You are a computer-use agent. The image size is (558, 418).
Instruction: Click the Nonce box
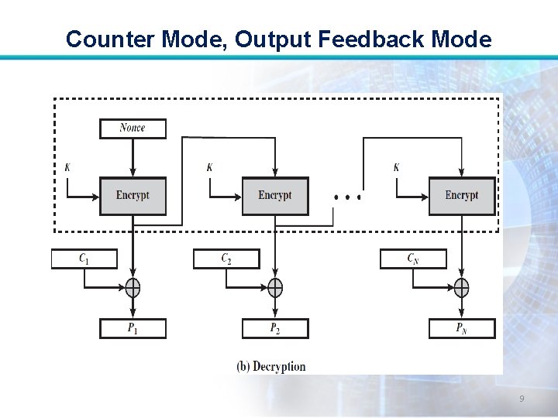[x=133, y=128]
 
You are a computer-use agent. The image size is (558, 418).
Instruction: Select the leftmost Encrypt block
[x=133, y=196]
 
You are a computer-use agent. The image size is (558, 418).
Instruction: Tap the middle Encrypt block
[x=275, y=196]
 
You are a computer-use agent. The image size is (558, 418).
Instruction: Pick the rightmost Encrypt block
[x=462, y=196]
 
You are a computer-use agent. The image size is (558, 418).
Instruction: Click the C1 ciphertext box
[x=84, y=259]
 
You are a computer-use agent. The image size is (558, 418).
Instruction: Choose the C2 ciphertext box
[x=226, y=259]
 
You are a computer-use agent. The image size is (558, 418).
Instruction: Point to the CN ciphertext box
[x=413, y=259]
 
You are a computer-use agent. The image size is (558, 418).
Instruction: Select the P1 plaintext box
[x=133, y=328]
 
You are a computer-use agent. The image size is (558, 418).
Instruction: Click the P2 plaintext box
[x=275, y=328]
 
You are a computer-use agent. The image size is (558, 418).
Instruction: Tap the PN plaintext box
[x=462, y=328]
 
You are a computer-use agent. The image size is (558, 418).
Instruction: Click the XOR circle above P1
[x=133, y=288]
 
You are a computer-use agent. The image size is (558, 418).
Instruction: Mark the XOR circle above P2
[x=275, y=288]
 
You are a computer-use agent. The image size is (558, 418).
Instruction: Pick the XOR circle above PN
[x=462, y=288]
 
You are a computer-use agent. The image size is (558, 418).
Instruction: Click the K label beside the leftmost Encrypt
[x=67, y=167]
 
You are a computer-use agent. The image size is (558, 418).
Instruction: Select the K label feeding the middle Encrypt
[x=209, y=167]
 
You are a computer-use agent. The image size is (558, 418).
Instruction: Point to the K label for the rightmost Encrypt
[x=397, y=167]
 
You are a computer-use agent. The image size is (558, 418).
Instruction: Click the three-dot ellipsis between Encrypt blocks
[x=347, y=197]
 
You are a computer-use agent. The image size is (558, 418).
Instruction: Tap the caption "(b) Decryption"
[x=271, y=366]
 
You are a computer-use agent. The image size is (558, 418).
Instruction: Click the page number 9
[x=522, y=399]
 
